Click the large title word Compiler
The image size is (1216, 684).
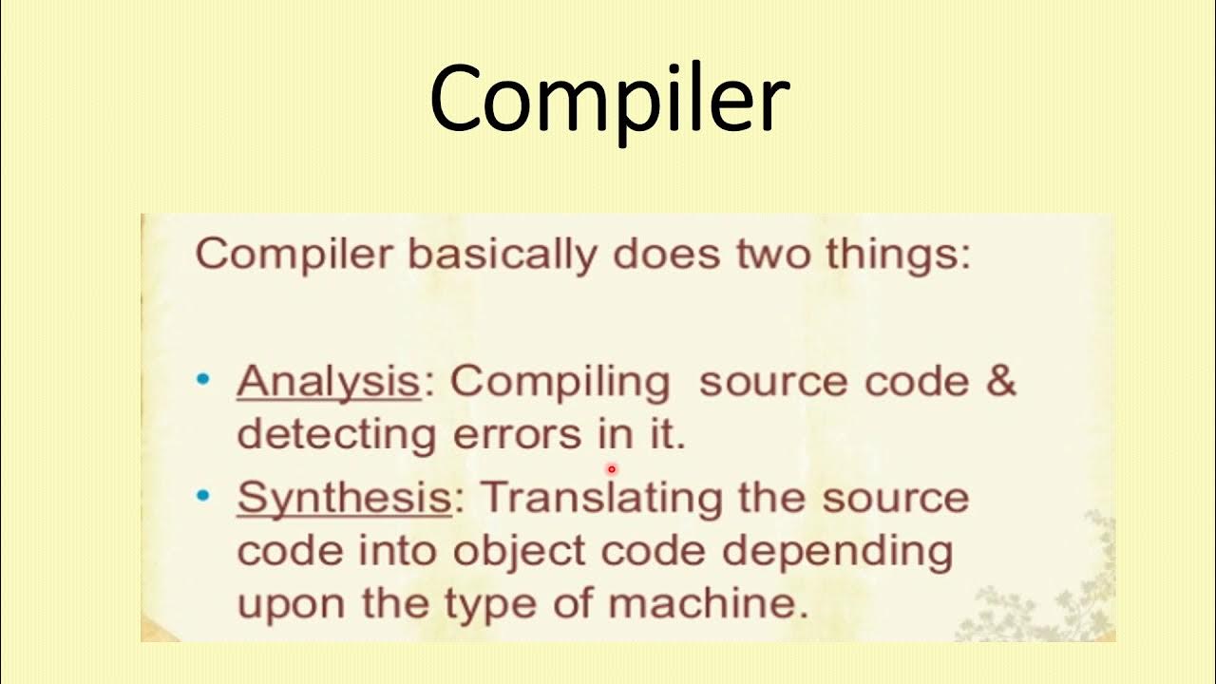tap(609, 100)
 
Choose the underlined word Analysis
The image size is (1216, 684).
tap(328, 382)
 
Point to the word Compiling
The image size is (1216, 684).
tap(560, 382)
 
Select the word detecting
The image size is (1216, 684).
tap(335, 435)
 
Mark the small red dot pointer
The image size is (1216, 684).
tap(612, 468)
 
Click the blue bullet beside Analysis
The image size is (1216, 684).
tap(202, 380)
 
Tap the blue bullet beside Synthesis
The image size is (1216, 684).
tap(202, 496)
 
